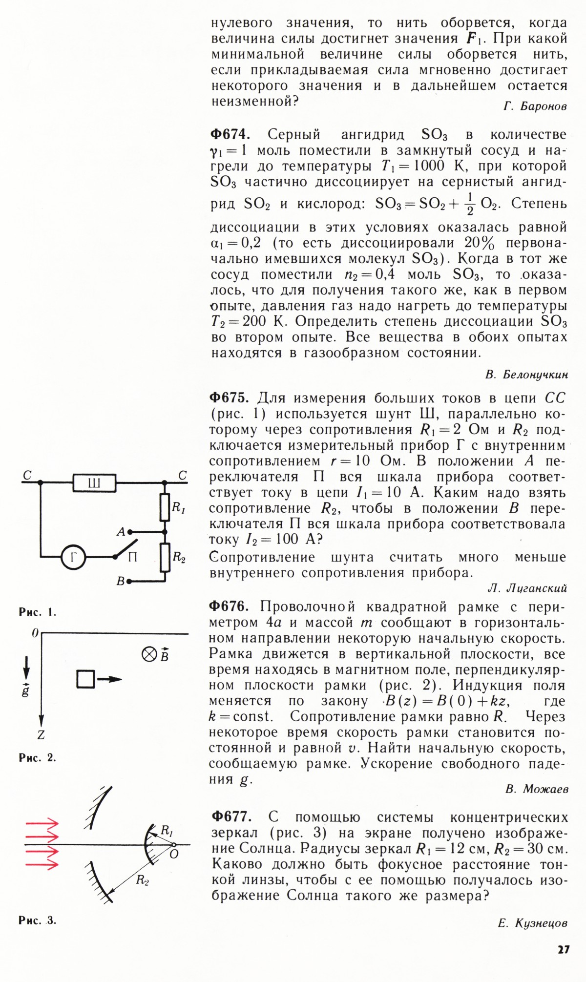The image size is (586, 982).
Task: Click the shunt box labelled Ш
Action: coord(95,483)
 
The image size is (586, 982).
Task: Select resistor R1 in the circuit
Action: coord(165,507)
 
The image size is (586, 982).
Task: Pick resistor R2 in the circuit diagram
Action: coord(165,557)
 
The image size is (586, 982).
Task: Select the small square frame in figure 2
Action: coord(85,679)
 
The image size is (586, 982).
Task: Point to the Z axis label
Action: coord(41,735)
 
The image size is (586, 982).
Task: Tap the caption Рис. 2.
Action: coord(38,757)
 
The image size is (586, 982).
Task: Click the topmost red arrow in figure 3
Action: coord(42,824)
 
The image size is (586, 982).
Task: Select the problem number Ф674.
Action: coord(230,134)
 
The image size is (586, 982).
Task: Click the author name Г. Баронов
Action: coord(535,106)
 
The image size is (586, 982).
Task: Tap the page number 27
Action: coord(563,950)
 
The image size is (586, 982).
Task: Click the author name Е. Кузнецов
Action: coord(532,923)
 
